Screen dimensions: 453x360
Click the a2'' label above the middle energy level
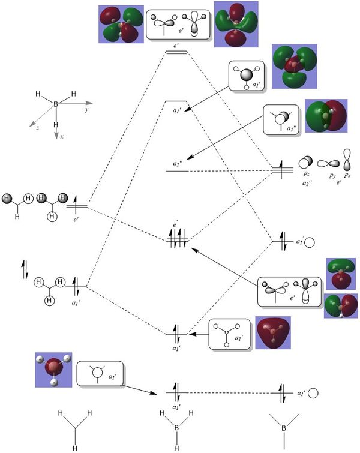(176, 163)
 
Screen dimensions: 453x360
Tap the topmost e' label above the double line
(176, 45)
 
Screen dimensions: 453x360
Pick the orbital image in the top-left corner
(121, 24)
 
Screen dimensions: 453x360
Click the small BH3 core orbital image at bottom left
(53, 370)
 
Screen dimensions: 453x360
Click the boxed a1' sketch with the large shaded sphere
(245, 79)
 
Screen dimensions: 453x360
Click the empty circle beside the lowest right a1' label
(313, 393)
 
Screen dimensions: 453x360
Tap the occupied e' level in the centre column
(178, 241)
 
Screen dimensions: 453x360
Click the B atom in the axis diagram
(56, 104)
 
